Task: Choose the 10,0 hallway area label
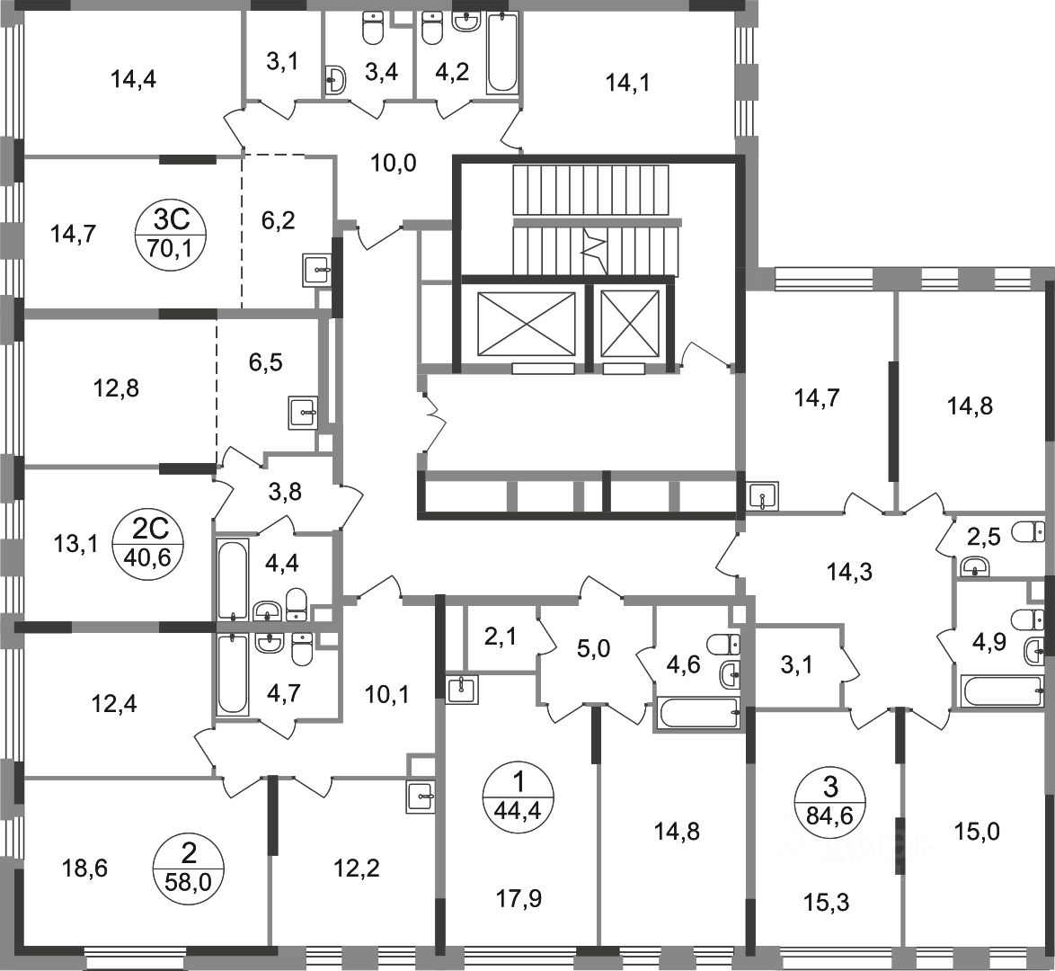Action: pos(393,164)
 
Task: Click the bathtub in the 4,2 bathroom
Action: pos(502,53)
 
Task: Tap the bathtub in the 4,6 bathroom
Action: pos(698,713)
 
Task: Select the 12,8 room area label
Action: pos(117,389)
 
